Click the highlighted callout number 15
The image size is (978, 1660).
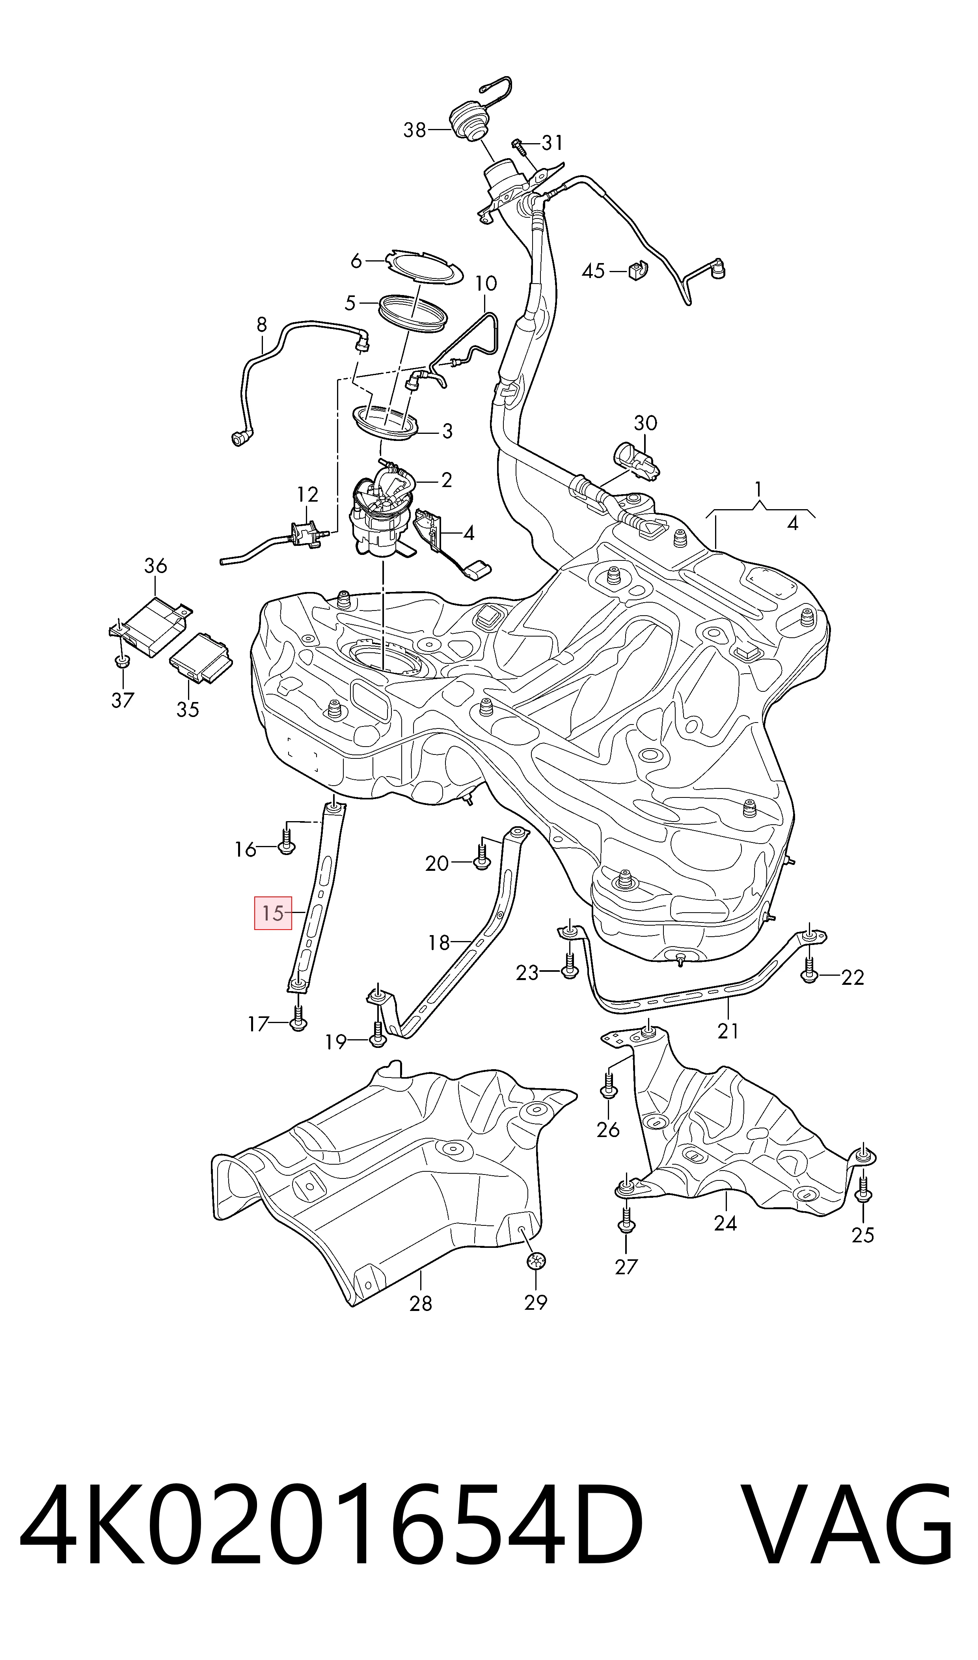coord(273,913)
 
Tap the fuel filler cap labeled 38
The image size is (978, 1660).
coord(469,123)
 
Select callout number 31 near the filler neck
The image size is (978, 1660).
coord(552,142)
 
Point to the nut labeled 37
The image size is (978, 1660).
coord(121,661)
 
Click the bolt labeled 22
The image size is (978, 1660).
coord(810,969)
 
